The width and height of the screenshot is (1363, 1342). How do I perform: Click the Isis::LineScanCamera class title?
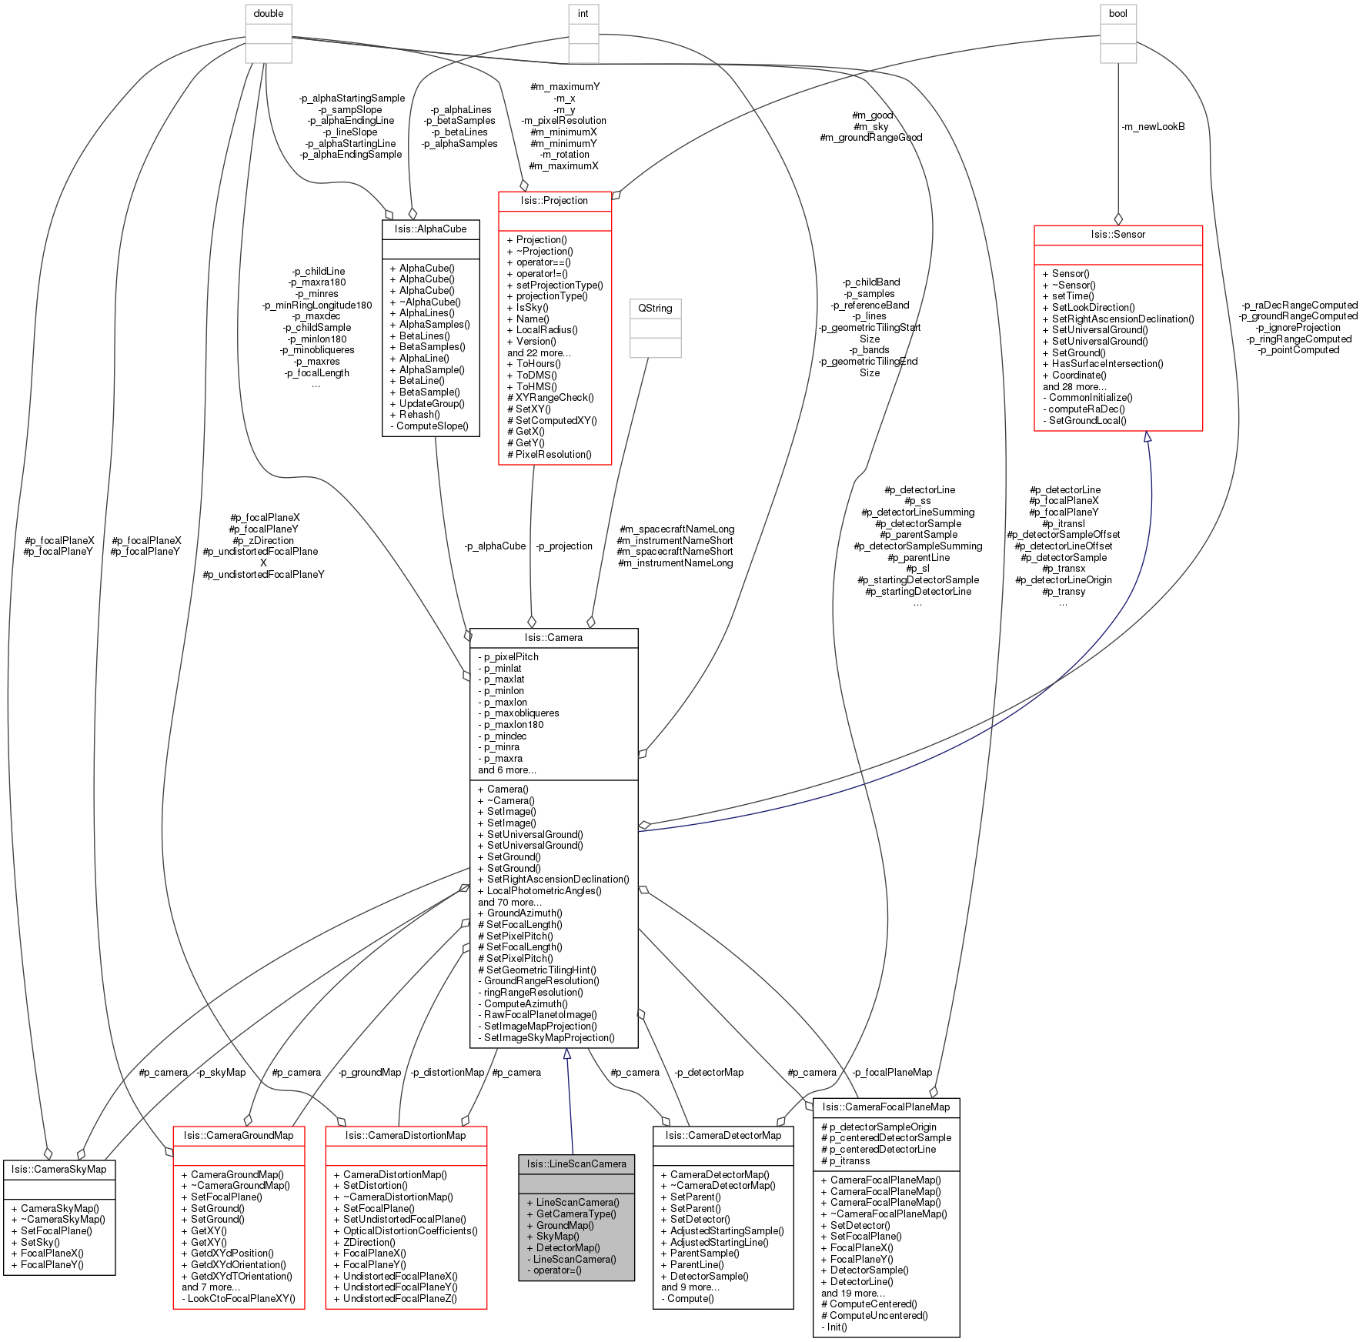click(576, 1164)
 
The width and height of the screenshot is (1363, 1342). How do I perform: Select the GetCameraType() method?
click(576, 1213)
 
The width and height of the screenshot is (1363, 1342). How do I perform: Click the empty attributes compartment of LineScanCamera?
click(576, 1183)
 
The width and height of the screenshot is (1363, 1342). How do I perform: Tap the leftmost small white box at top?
click(269, 34)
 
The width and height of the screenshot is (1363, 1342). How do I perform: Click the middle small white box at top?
click(583, 34)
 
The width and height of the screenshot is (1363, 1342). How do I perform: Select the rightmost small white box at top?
click(1118, 34)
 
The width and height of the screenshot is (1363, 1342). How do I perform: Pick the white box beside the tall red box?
click(656, 329)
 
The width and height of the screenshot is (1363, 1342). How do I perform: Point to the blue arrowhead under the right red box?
click(1148, 437)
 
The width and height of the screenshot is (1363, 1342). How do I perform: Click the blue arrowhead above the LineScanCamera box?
click(567, 1054)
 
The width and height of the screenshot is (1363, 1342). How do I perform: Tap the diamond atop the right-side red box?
click(1118, 219)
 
